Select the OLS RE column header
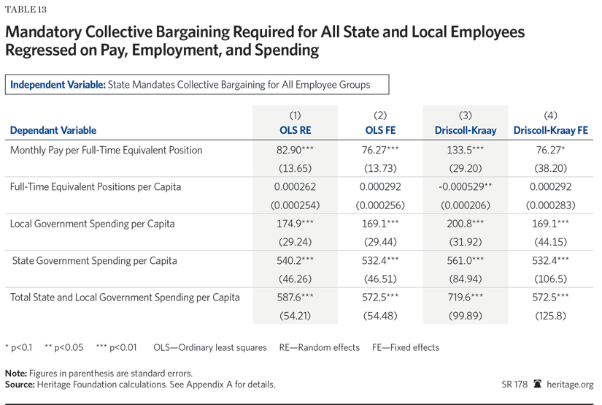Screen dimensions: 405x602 (x=295, y=131)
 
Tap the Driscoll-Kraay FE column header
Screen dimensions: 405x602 (x=551, y=131)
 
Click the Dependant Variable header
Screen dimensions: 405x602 (x=53, y=131)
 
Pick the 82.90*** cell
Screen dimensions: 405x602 (x=295, y=151)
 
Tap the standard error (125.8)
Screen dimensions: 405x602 (x=551, y=316)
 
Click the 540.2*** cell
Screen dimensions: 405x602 (x=295, y=261)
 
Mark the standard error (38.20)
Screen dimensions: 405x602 (x=551, y=169)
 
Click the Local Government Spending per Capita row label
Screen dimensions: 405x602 (x=92, y=224)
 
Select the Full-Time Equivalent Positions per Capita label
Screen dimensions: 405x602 (x=96, y=187)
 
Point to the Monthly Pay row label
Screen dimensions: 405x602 (x=107, y=151)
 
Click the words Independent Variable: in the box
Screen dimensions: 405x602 (x=58, y=85)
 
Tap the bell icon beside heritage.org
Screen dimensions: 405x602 (x=538, y=385)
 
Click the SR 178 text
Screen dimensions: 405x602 (x=515, y=385)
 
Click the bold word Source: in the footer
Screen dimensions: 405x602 (x=20, y=385)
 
